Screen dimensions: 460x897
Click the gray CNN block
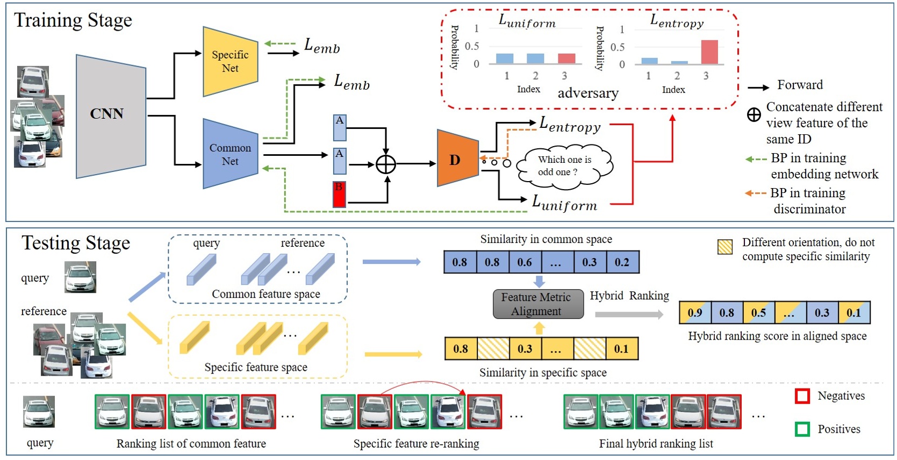110,116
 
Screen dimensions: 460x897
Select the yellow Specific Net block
230,61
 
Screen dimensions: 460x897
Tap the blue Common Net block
230,154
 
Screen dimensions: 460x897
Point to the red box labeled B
339,195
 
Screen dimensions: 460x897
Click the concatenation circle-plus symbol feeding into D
386,164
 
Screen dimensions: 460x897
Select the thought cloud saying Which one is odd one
564,166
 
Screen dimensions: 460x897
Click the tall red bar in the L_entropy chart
709,52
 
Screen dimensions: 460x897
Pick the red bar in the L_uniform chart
566,59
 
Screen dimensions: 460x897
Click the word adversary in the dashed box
588,94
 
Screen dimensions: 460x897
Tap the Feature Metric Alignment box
538,304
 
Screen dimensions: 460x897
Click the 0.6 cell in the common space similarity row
525,262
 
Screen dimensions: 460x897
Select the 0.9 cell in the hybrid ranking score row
695,313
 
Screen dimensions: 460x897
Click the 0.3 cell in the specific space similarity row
525,349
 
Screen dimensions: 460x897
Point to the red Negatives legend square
802,396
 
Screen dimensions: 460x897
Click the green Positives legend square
802,429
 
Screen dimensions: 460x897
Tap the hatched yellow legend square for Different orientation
725,247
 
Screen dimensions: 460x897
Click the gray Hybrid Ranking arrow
629,315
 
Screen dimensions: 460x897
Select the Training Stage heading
73,20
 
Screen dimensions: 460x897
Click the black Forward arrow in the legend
758,88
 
